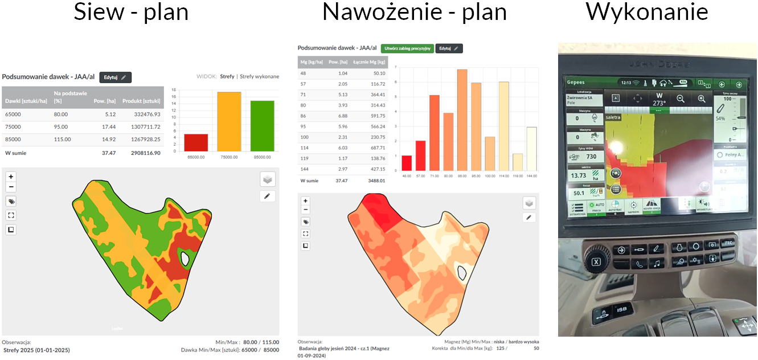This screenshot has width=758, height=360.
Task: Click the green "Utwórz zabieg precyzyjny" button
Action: pos(407,49)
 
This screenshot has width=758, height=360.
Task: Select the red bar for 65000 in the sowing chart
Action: pos(195,142)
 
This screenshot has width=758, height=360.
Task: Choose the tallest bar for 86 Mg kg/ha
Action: pos(462,120)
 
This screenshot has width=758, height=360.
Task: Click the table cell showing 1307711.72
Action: pos(141,126)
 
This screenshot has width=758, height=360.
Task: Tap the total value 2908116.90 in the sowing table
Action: pos(141,153)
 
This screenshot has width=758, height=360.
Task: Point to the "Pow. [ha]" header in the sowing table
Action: pos(105,101)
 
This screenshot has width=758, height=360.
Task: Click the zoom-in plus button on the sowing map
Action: pos(11,177)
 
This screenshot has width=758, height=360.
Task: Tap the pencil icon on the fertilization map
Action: pos(530,218)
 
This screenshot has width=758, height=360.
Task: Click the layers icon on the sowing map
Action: pos(268,179)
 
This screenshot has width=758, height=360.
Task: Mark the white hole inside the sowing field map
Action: pos(185,259)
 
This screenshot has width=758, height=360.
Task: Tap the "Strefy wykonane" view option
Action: pos(259,76)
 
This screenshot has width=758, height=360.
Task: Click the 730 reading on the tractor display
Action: pos(591,157)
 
